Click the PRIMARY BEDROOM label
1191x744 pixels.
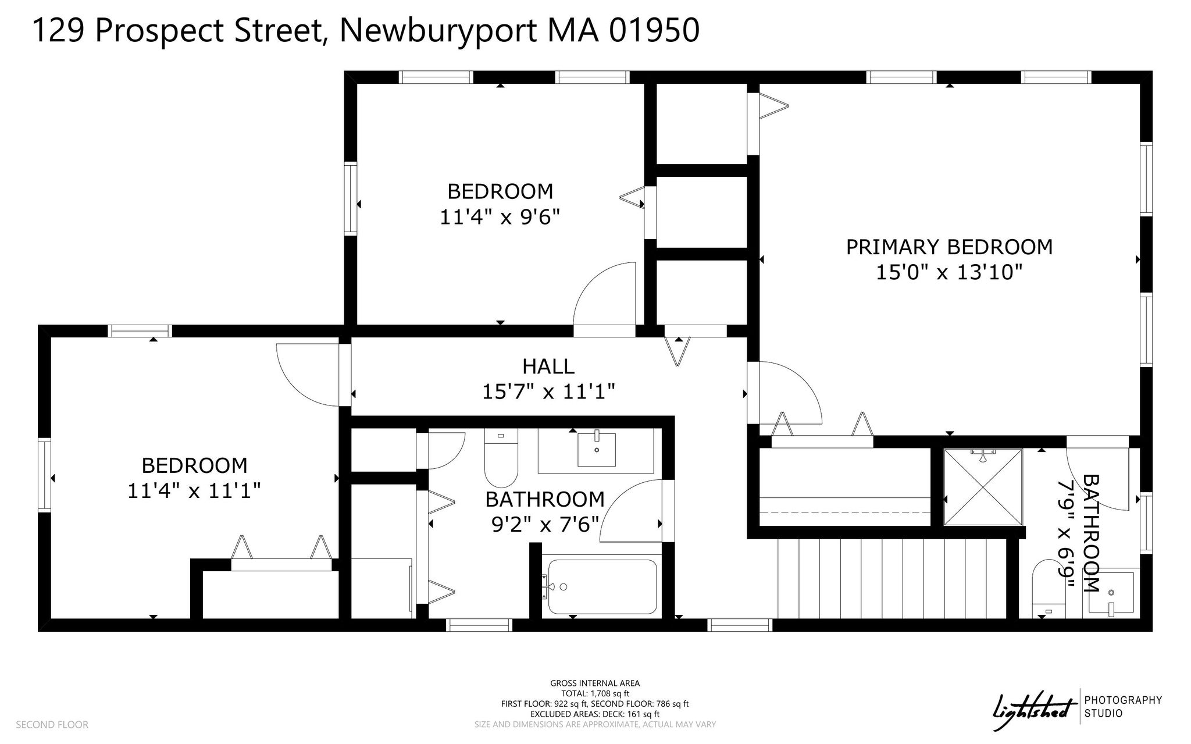[949, 247]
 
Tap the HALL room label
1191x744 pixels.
[548, 366]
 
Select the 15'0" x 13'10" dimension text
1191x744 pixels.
[949, 272]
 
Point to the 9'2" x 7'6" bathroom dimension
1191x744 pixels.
[545, 525]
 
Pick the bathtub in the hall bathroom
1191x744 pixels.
[602, 586]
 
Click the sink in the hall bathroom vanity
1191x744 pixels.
[596, 450]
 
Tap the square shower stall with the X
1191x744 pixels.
[983, 487]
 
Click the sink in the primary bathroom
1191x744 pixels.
[1111, 593]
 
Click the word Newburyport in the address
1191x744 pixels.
[438, 31]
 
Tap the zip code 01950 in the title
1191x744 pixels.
[654, 30]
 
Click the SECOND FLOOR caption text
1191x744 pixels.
[52, 725]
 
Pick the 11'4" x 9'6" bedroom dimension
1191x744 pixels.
[500, 218]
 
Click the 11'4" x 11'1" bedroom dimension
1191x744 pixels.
[194, 491]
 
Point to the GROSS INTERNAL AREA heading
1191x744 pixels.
[595, 684]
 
